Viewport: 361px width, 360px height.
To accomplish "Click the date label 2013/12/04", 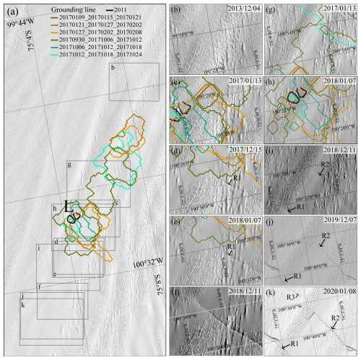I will [243, 7].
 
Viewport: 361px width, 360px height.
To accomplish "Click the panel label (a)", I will [13, 8].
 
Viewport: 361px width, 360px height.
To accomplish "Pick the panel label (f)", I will [177, 293].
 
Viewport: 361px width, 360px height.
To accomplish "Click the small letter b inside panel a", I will [113, 68].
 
